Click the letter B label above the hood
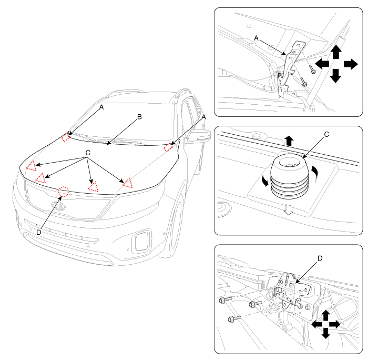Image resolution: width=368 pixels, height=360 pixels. coord(139,117)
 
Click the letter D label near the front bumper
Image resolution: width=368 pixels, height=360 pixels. coord(39,233)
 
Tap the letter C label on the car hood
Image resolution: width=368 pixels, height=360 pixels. coord(88,153)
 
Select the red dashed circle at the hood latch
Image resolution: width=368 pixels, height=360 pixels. coord(64,192)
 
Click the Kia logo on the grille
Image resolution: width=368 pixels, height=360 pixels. coord(58,206)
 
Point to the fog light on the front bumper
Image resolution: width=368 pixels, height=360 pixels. coord(140,241)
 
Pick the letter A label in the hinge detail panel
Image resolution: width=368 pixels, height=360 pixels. coord(256,38)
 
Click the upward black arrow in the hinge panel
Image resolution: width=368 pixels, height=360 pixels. coord(336,52)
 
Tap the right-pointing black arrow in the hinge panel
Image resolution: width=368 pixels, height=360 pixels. coord(351,64)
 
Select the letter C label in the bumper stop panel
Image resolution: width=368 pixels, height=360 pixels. coord(326,134)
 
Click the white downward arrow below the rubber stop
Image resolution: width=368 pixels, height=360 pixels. coord(289,209)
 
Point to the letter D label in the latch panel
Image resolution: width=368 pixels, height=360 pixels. coord(320,258)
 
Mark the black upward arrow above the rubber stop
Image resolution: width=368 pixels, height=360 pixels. coord(289,141)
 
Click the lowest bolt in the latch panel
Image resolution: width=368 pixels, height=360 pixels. coord(234,318)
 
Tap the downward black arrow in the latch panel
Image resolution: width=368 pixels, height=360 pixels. coord(325,333)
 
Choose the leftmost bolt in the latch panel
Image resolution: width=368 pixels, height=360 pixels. coord(225,299)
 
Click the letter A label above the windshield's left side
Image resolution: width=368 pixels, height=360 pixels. coord(101,107)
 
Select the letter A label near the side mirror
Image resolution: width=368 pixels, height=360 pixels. coord(203,117)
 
